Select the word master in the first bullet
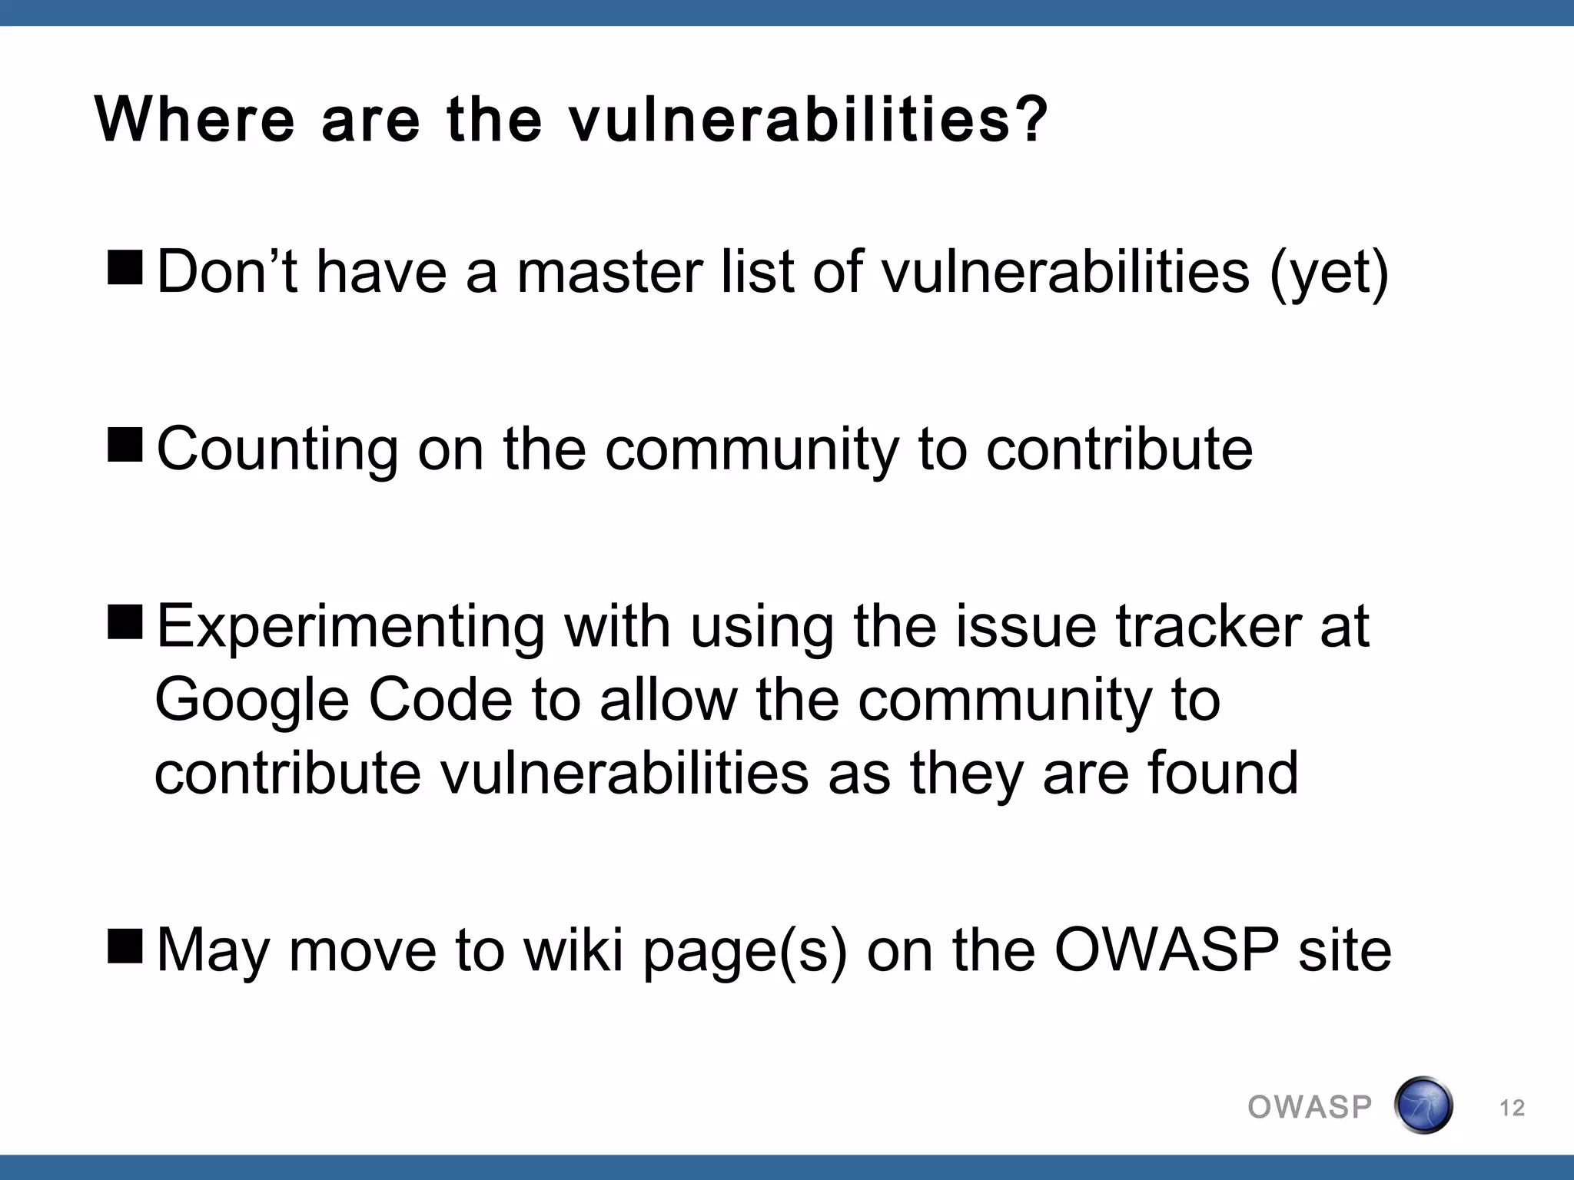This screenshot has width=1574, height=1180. tap(609, 272)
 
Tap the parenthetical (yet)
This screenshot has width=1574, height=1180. tap(1329, 273)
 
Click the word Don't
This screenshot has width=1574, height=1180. tap(227, 272)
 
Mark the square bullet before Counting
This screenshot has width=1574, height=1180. tap(125, 446)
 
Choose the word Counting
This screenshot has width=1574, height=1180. tap(277, 450)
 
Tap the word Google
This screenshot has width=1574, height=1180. tap(252, 701)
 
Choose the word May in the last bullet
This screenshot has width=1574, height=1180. tap(213, 951)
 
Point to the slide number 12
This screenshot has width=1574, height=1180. tap(1512, 1108)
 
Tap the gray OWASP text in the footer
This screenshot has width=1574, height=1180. tap(1310, 1107)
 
